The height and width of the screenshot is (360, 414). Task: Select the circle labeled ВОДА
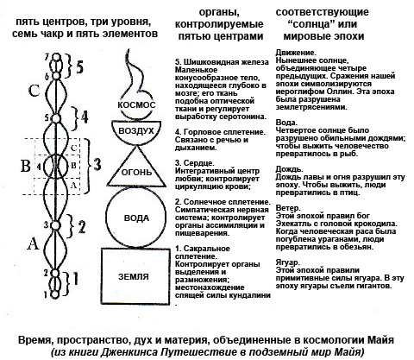(x=106, y=217)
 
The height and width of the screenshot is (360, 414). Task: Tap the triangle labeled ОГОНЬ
(x=136, y=186)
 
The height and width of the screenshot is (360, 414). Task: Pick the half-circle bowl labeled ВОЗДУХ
(x=136, y=142)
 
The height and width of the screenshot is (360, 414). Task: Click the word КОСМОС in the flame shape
(x=136, y=104)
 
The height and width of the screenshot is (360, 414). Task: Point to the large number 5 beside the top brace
(x=79, y=67)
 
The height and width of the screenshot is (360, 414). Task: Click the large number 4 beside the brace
(x=84, y=118)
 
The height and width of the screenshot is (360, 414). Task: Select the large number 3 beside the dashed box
(x=97, y=165)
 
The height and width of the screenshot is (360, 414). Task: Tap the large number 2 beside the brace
(x=82, y=227)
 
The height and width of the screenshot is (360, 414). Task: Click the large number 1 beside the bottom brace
(x=75, y=278)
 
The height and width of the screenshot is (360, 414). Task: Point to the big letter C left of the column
(x=34, y=91)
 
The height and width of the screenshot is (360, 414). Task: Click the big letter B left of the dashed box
(x=26, y=166)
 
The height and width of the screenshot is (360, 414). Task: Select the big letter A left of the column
(x=33, y=243)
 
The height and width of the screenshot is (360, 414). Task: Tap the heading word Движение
(x=296, y=53)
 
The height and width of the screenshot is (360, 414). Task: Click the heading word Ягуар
(x=287, y=262)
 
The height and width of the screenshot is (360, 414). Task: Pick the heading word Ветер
(x=288, y=208)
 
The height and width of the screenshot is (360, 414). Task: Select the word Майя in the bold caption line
(x=380, y=340)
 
